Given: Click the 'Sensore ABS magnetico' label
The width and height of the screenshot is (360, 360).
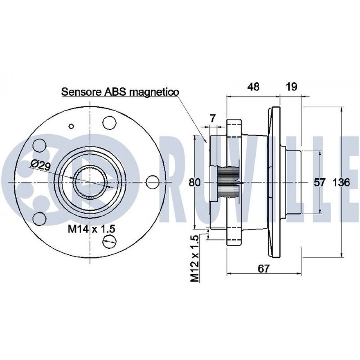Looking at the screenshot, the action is [120, 92].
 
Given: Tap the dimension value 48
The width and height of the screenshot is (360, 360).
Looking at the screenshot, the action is [254, 87].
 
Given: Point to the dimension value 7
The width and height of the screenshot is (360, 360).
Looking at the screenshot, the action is [213, 119].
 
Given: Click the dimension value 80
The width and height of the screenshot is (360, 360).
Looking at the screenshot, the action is [195, 182].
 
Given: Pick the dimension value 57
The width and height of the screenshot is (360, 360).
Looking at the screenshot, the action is [320, 183].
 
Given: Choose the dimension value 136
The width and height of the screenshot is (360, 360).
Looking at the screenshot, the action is [341, 183].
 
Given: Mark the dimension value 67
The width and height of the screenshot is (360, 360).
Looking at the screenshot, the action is [264, 269].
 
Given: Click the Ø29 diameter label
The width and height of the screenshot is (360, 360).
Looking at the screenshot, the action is [41, 165].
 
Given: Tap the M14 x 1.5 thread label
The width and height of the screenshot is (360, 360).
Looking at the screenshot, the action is [91, 229].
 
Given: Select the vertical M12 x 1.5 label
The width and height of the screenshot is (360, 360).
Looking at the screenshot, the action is [195, 258].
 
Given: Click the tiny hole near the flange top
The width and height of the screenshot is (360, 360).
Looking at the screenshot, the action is [71, 126].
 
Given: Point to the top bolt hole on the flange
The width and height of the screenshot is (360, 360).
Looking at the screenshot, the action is [109, 123].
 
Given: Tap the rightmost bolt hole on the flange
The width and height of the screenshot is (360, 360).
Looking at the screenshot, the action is [152, 182].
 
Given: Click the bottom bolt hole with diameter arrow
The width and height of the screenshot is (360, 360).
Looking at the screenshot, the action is [109, 241].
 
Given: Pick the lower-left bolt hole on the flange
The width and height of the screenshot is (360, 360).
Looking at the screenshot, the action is [39, 219].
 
